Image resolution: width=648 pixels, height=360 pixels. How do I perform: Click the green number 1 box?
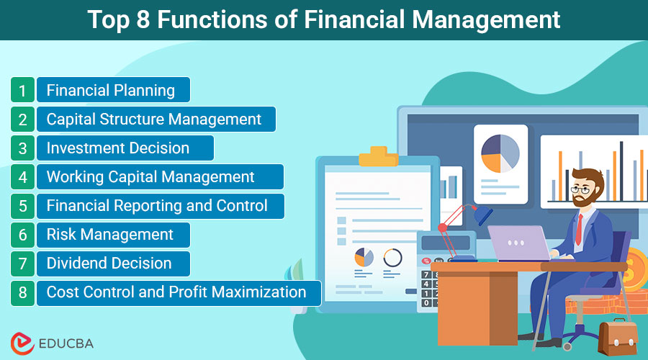coord(22,90)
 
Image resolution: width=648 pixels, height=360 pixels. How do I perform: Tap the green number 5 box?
coord(22,206)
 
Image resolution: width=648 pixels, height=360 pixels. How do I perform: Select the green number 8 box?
coord(22,292)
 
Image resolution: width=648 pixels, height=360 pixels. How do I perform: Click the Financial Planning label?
coord(111,90)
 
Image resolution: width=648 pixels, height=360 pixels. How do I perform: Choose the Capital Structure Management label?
coord(154,119)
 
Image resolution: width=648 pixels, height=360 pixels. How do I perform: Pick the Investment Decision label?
coord(118,148)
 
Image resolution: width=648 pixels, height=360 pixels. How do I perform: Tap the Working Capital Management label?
coord(150,177)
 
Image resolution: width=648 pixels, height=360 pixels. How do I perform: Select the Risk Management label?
coord(110,235)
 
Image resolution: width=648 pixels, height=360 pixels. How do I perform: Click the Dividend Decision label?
coord(109,264)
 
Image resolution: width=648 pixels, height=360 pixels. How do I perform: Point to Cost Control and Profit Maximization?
coord(176,292)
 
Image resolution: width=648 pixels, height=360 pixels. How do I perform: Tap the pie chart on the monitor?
coord(500,154)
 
